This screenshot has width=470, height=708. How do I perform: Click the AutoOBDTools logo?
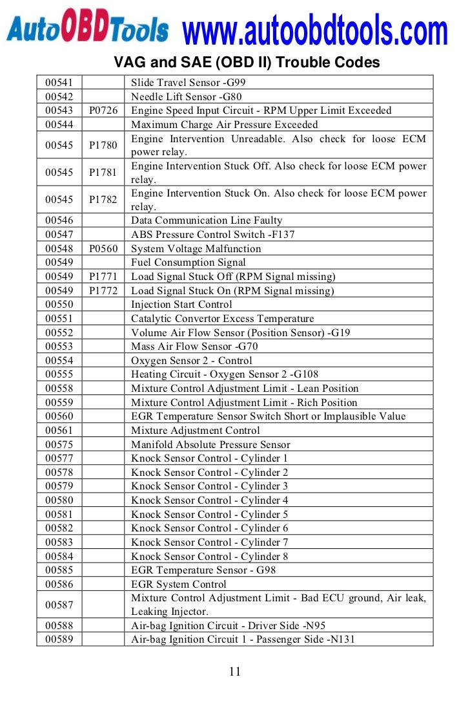pos(88,29)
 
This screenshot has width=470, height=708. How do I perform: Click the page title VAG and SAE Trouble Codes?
pos(247,63)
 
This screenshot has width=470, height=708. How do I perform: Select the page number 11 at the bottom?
pos(235,671)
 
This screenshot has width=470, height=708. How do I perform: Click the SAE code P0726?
pos(103,111)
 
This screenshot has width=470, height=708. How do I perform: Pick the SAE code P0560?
pos(103,249)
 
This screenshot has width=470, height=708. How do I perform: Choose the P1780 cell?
pos(103,145)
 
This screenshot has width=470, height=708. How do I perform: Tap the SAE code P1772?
pos(103,291)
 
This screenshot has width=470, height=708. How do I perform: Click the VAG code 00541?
pos(59,83)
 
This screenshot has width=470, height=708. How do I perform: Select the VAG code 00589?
pos(59,639)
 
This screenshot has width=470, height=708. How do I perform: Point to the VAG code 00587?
pos(59,605)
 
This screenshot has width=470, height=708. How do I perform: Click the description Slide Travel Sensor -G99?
pos(188,83)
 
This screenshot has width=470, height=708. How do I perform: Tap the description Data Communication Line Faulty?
pos(207,220)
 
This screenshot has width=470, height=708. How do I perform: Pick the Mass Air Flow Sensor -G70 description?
pos(194,347)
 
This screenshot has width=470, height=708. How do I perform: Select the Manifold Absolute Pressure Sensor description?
pos(210,445)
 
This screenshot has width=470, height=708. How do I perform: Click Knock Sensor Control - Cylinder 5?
pos(209,515)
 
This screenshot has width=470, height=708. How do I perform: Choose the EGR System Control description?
pos(179,585)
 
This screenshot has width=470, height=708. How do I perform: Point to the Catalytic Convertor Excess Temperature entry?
pos(222,319)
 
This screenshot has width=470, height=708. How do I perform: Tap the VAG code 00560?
pos(59,416)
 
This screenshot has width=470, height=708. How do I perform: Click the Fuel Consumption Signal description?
pos(188,263)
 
